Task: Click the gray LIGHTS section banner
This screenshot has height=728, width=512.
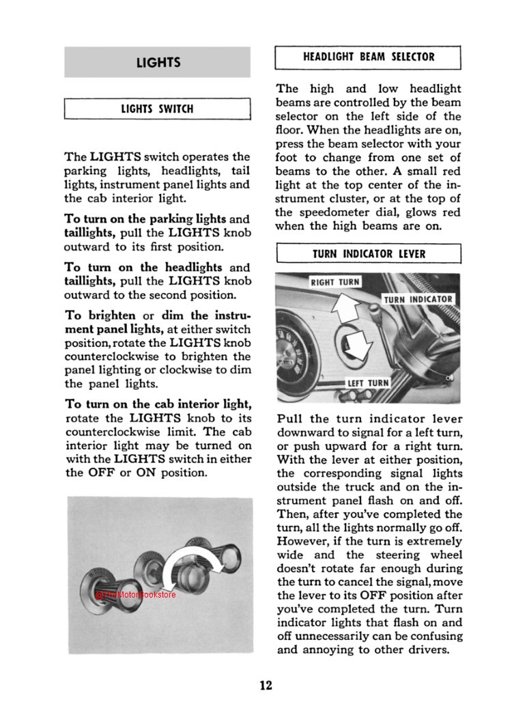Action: [158, 62]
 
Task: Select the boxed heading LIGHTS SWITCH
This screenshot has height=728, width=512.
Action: [158, 109]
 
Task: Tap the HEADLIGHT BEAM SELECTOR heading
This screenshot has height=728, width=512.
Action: [369, 57]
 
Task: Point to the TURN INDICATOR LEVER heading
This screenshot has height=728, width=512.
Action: [369, 254]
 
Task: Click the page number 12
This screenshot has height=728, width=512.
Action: [266, 685]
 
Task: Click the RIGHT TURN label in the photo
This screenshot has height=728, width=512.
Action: [335, 282]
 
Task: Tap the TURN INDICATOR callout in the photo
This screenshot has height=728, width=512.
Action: [418, 300]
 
